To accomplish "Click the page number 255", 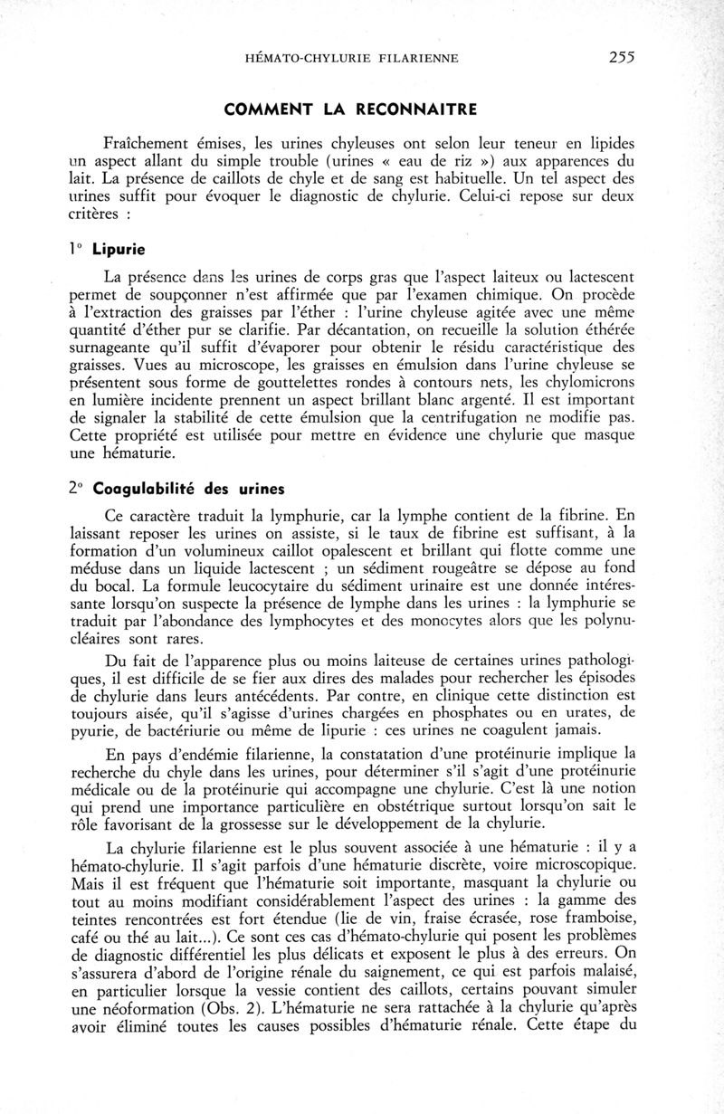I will (622, 57).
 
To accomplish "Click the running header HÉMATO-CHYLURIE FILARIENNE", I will (352, 59).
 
